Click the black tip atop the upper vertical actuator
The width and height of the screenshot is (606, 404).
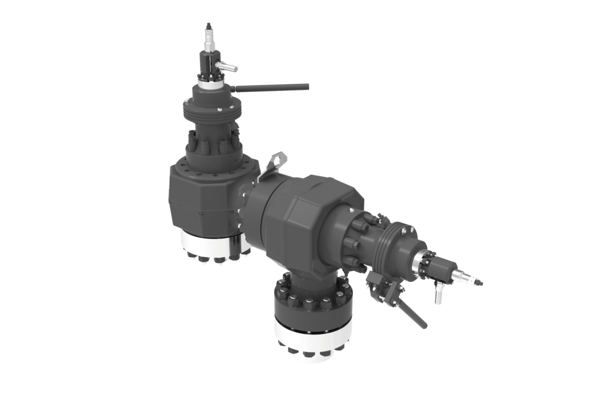click(x=208, y=25)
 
